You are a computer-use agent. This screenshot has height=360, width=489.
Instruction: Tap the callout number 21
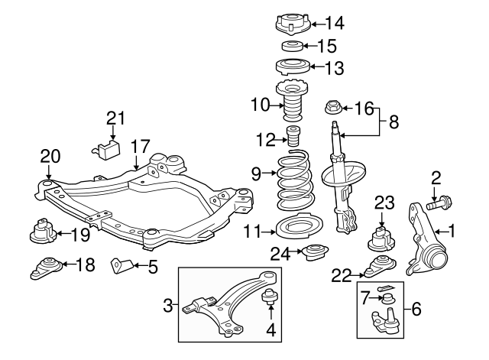point(115,118)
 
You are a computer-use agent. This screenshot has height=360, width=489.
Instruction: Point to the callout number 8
point(393,120)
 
